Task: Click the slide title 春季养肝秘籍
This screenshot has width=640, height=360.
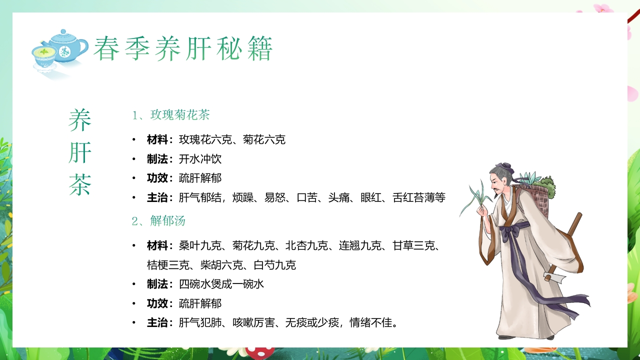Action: pos(183,49)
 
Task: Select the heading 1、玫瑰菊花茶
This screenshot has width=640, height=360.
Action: pos(171,115)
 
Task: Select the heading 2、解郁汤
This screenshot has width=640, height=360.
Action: pos(159,220)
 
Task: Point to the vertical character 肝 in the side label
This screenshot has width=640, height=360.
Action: pos(80,152)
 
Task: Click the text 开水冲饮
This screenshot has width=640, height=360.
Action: pos(200,159)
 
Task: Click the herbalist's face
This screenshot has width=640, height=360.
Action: pos(501,185)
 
